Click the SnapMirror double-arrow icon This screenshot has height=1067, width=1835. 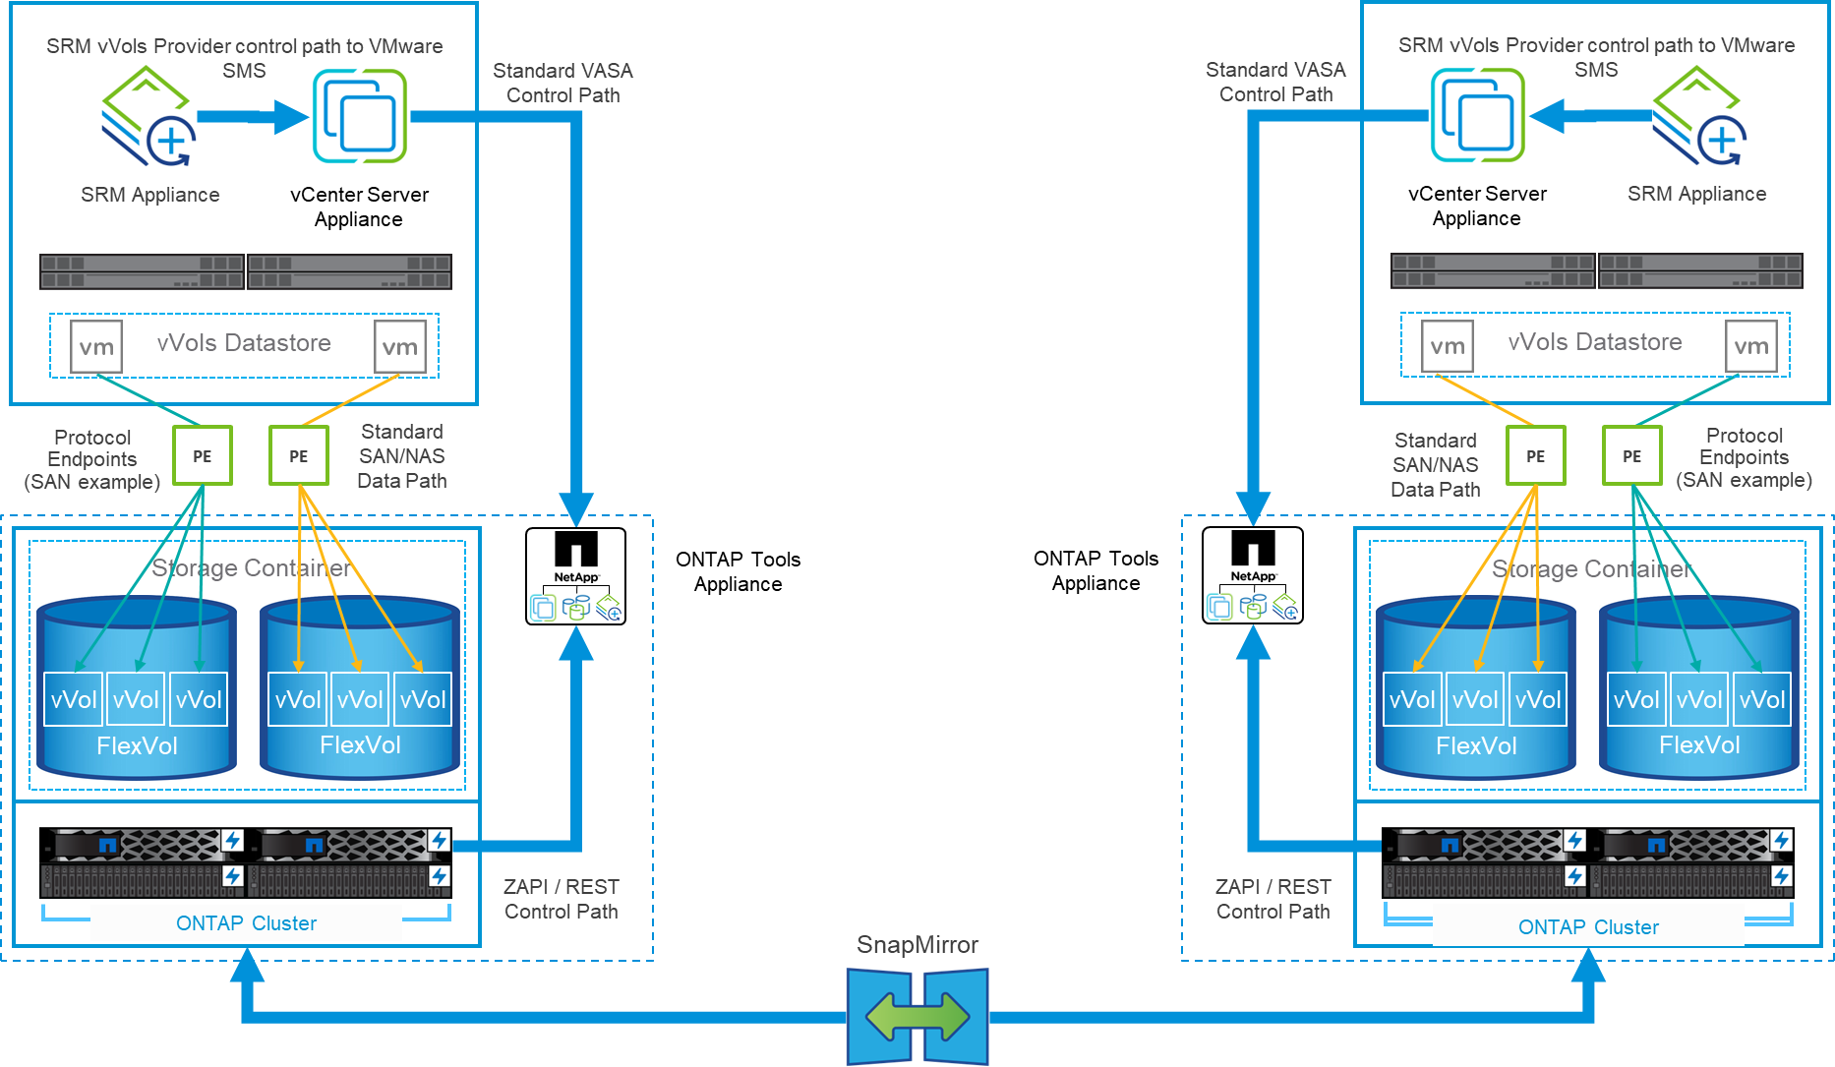917,1016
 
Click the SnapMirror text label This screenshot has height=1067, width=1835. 917,945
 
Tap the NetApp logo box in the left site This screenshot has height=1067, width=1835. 575,576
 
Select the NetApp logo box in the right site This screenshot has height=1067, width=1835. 1253,575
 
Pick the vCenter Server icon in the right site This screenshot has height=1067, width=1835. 1477,115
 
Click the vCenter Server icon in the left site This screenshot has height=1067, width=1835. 359,116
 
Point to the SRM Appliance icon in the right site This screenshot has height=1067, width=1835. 1698,116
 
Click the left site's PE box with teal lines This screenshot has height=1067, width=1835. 203,455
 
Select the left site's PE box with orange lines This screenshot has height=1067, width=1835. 299,455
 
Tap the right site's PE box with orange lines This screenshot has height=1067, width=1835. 1535,455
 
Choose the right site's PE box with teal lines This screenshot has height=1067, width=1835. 1631,455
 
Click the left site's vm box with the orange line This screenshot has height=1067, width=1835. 400,346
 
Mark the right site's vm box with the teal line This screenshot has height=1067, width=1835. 1751,345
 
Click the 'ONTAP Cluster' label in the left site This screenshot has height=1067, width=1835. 246,923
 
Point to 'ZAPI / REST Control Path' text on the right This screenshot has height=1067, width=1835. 1273,899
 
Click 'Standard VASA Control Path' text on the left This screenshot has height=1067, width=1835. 562,83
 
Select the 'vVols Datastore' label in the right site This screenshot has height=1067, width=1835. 1595,342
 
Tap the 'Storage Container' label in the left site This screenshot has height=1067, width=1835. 251,568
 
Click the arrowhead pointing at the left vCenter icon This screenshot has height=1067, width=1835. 291,117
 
